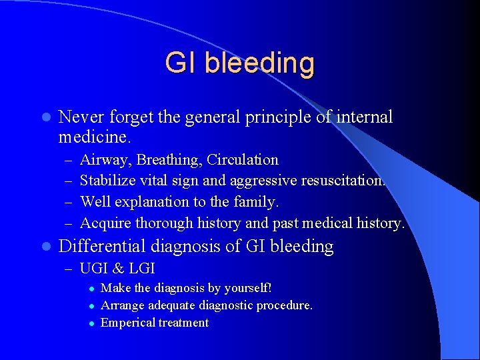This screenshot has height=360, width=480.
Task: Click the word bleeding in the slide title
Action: [x=259, y=64]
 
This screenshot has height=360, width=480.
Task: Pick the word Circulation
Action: [x=243, y=160]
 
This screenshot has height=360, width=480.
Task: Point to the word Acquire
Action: [x=105, y=223]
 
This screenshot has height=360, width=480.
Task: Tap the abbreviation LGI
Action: [x=141, y=269]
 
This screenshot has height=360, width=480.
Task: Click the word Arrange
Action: [x=121, y=305]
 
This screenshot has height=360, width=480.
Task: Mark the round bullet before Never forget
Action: [x=45, y=118]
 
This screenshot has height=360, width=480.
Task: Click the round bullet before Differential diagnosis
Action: [x=45, y=247]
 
